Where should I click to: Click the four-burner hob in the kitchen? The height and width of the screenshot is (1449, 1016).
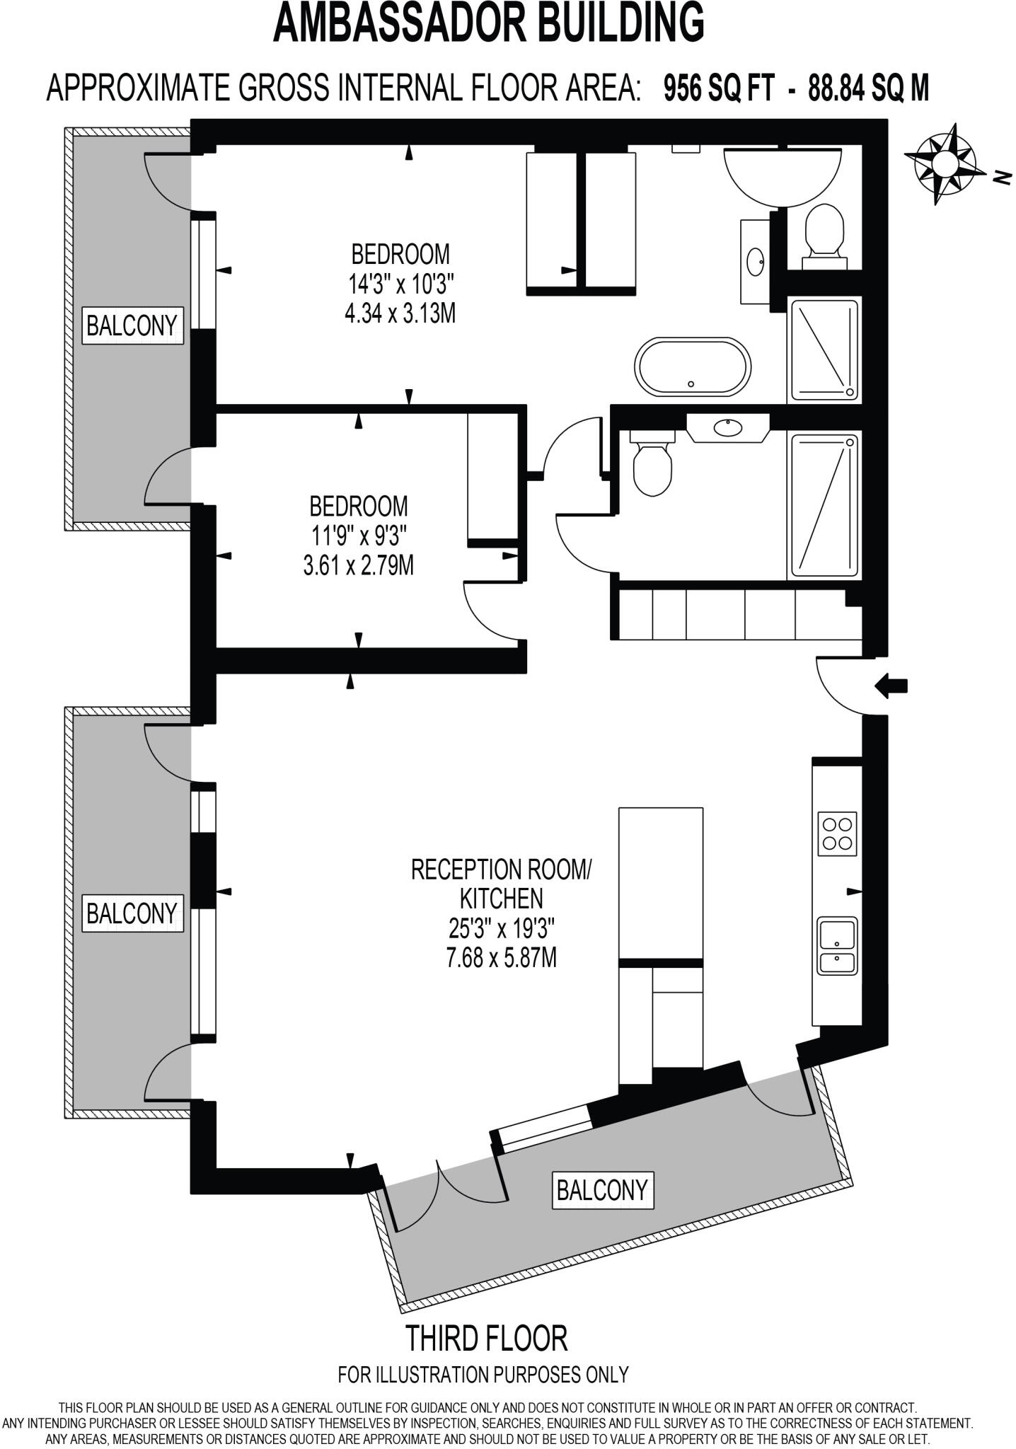click(837, 833)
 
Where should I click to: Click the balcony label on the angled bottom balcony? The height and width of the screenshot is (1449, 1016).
click(602, 1190)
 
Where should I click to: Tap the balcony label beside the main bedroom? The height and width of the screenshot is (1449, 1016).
click(132, 325)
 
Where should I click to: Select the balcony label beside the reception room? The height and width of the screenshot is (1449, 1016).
click(132, 913)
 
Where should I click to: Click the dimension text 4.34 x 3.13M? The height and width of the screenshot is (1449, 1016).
click(400, 313)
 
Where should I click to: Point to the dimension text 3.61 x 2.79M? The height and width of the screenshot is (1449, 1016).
click(358, 565)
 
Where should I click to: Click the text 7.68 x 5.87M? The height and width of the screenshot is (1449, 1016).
click(501, 957)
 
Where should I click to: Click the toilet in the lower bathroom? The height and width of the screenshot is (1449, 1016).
click(652, 467)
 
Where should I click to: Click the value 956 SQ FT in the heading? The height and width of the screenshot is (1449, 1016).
click(719, 89)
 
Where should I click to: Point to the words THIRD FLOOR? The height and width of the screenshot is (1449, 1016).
click(486, 1338)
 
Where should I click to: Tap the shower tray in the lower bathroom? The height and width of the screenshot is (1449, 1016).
click(824, 505)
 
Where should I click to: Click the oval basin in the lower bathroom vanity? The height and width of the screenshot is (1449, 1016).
click(727, 427)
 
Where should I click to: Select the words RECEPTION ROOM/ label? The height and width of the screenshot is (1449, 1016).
click(500, 869)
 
